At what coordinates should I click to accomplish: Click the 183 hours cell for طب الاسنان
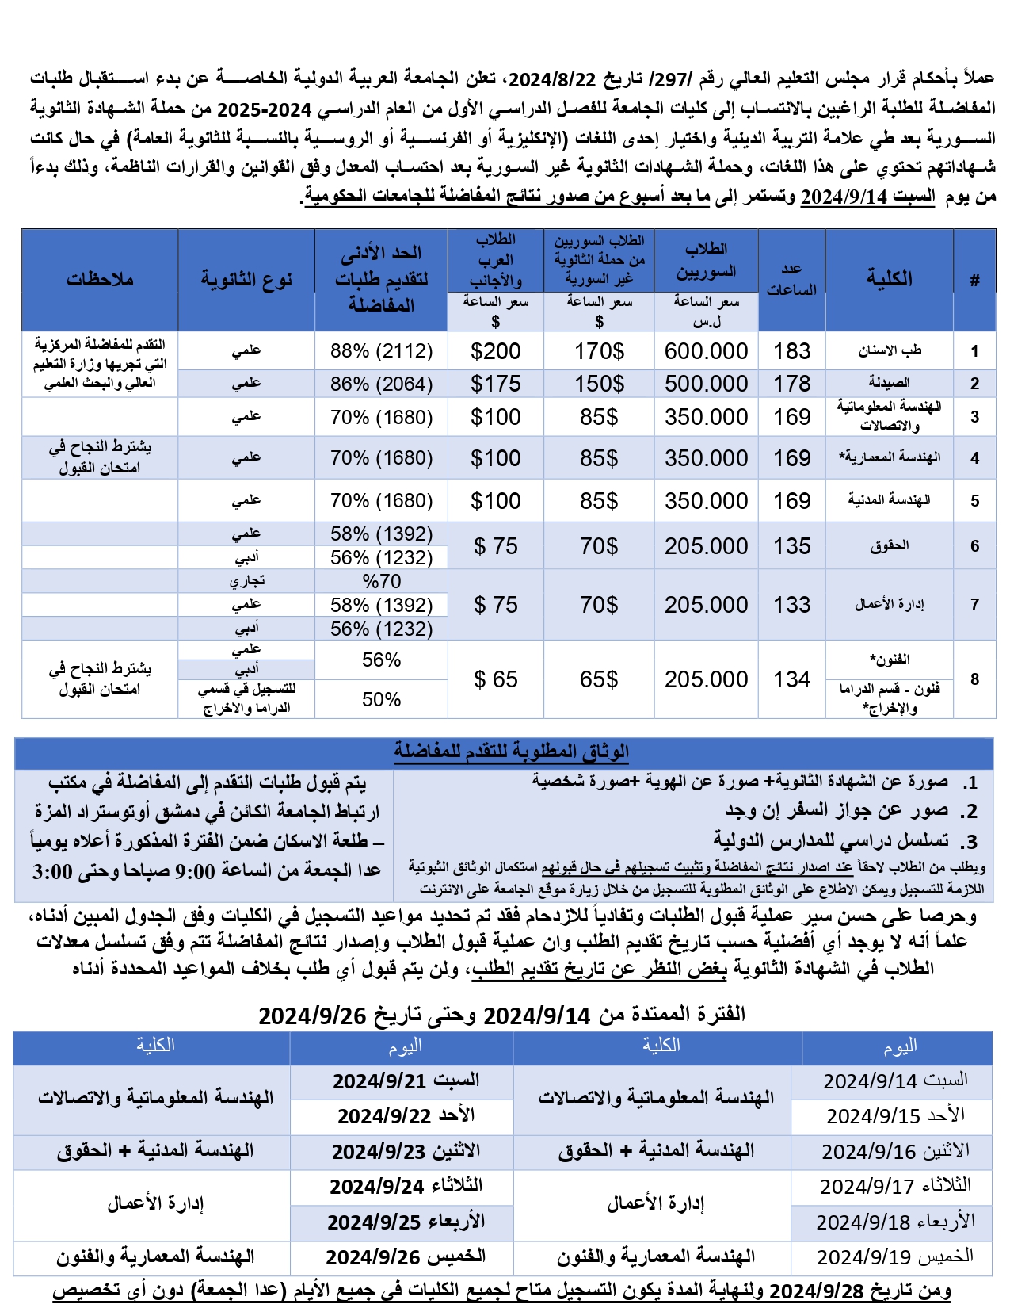click(x=791, y=351)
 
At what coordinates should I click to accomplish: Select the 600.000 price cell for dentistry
click(x=706, y=351)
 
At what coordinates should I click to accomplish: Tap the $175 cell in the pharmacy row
click(x=495, y=384)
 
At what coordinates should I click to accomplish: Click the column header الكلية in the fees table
click(x=889, y=278)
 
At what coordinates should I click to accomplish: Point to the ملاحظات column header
click(x=100, y=279)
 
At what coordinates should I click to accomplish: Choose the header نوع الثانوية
click(x=246, y=279)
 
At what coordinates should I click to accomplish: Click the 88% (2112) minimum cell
click(x=381, y=351)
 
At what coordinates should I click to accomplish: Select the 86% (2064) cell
click(x=381, y=384)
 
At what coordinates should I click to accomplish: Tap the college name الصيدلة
click(x=889, y=384)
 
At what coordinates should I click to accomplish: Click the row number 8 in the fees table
click(x=974, y=679)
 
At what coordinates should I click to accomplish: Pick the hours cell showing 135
click(x=791, y=546)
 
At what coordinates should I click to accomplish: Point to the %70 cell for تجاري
click(x=381, y=581)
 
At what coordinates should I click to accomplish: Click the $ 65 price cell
click(x=495, y=679)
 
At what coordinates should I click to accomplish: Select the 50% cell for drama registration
click(x=381, y=700)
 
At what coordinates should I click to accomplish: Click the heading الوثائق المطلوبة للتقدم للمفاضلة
click(x=511, y=752)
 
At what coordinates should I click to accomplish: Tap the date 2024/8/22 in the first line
click(x=551, y=79)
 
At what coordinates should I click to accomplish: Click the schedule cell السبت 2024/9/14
click(x=895, y=1081)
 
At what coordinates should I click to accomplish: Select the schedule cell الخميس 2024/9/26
click(x=405, y=1257)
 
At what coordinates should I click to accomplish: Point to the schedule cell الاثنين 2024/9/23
click(x=405, y=1152)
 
